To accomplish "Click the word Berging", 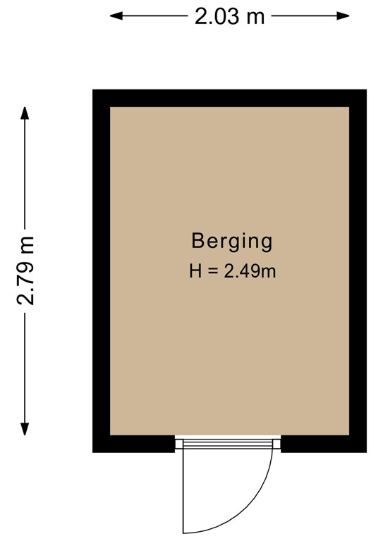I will (231, 242).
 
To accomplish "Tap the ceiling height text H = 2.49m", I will (231, 270).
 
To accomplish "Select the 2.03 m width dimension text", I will (230, 15).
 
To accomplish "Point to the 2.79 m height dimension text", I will (26, 270).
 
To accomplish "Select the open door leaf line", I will (183, 490).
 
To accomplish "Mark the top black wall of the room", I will (229, 98).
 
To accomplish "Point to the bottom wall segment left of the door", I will (134, 444).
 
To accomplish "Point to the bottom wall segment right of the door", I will (323, 444).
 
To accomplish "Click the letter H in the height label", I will (195, 270).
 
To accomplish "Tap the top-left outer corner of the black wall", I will (93, 90).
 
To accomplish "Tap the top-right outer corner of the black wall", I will (365, 90).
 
